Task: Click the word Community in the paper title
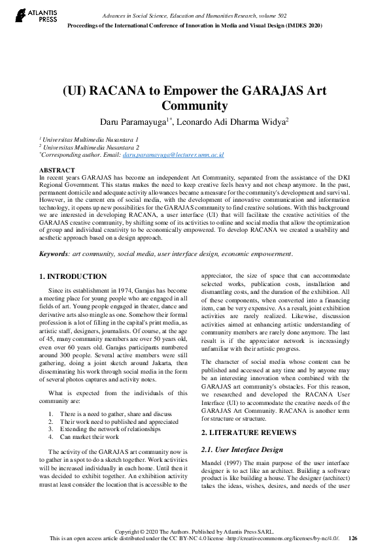tap(194, 105)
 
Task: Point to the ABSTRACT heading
tap(57, 170)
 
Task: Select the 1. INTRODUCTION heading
tap(73, 276)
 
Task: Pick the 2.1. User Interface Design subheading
tap(242, 449)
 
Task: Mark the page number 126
tap(353, 538)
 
